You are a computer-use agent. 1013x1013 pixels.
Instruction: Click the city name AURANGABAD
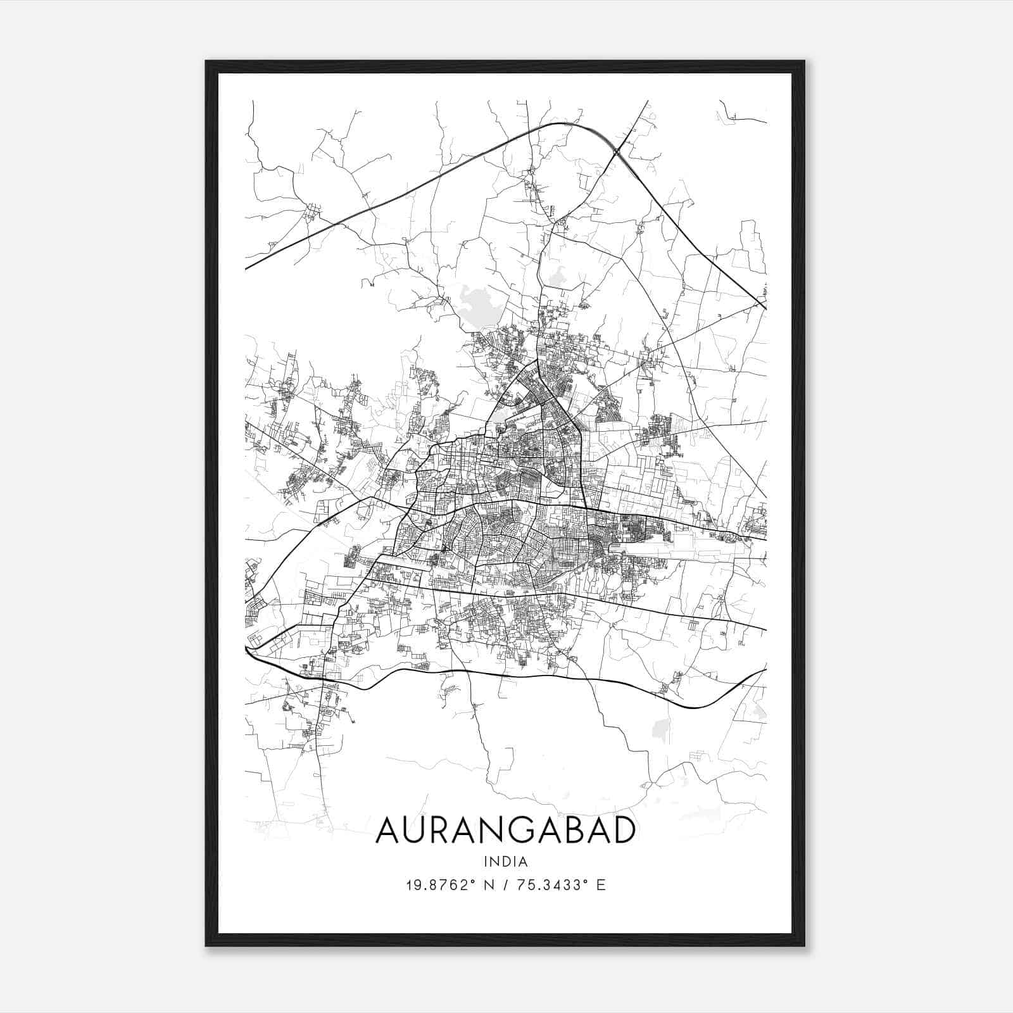(x=505, y=831)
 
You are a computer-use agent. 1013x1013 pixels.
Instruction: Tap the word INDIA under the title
(x=505, y=862)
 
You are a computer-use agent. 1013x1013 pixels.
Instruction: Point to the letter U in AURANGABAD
(x=420, y=831)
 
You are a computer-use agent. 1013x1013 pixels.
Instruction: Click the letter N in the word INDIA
(x=495, y=862)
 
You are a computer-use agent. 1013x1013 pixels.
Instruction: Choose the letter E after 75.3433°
(x=601, y=885)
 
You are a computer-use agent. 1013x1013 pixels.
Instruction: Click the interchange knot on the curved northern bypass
(x=616, y=151)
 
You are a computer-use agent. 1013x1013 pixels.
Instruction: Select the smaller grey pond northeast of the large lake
(x=557, y=274)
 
